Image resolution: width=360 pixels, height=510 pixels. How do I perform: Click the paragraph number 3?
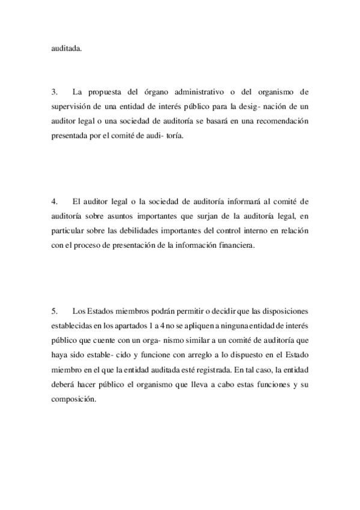point(54,93)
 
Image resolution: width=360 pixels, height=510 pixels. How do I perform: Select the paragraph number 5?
point(54,311)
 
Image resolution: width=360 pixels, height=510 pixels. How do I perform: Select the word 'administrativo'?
point(204,93)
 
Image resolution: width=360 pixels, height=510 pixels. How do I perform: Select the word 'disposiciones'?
point(283,311)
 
